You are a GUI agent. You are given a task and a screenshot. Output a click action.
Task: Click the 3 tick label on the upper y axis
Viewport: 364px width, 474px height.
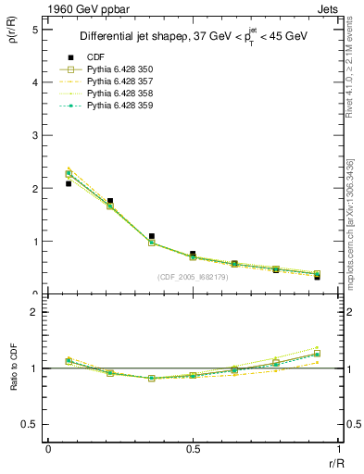34,135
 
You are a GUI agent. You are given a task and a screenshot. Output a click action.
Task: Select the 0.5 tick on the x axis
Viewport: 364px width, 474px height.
193,449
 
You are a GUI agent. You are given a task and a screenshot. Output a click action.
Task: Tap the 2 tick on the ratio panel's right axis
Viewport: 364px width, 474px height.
344,312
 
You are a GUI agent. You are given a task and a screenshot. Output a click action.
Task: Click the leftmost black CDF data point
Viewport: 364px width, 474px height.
69,183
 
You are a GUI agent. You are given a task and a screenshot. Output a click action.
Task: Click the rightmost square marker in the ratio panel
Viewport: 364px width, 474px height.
317,354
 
